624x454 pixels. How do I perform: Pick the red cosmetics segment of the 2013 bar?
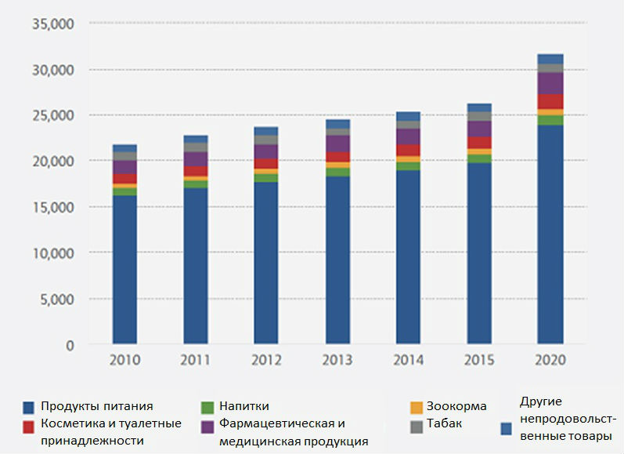[x=337, y=157]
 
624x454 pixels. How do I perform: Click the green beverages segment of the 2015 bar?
[x=479, y=158]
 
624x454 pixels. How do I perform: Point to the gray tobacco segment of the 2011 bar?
[x=195, y=147]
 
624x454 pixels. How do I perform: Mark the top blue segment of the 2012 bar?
[x=266, y=131]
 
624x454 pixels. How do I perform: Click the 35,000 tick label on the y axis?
[x=52, y=24]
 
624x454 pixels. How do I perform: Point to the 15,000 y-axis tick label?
[x=52, y=207]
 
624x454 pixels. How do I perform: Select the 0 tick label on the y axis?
[x=69, y=345]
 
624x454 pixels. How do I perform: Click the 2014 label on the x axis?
[x=408, y=362]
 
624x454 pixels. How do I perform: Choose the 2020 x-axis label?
[x=550, y=362]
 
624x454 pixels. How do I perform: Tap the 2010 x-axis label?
[x=124, y=362]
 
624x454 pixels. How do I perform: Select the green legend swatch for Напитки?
[x=207, y=407]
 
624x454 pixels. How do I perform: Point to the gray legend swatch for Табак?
[x=417, y=426]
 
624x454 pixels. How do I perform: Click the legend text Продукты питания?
[x=98, y=406]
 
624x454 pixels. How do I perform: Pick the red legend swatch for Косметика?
[x=29, y=426]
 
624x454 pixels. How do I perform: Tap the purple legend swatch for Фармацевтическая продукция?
[x=207, y=426]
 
